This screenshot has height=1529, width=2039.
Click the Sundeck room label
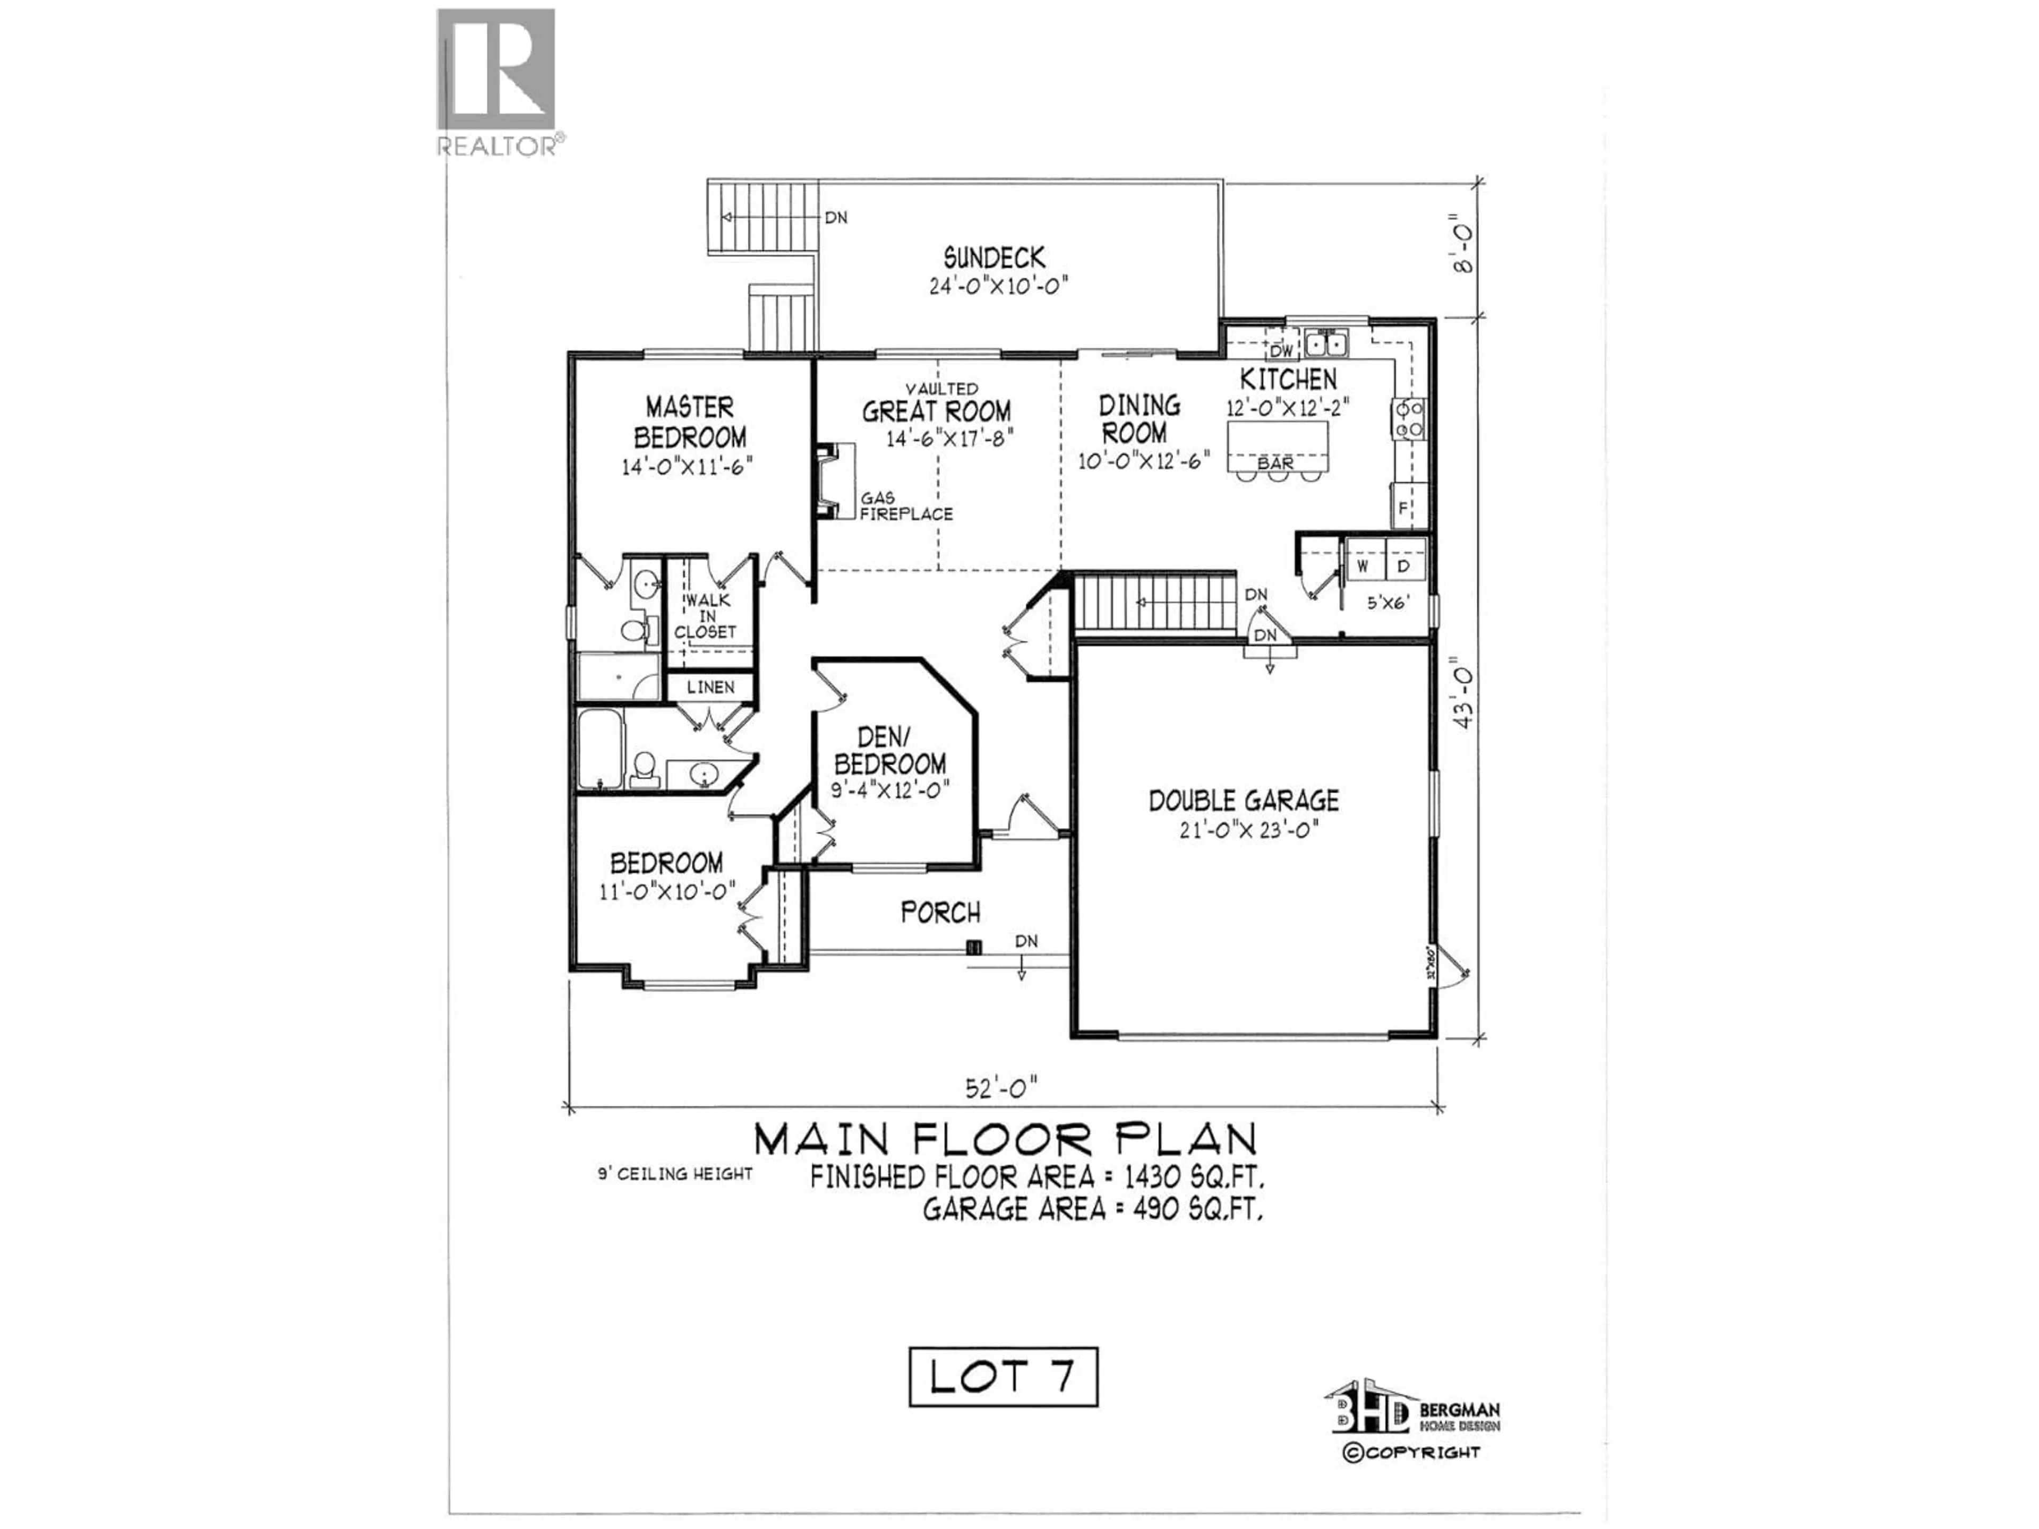point(993,257)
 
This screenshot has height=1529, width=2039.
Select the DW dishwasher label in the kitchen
point(1281,351)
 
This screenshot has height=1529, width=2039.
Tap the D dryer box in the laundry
point(1404,566)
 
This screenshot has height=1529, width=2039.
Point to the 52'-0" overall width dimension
point(1002,1088)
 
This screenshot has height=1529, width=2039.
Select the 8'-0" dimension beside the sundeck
point(1464,249)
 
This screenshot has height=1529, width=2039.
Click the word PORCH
point(940,913)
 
